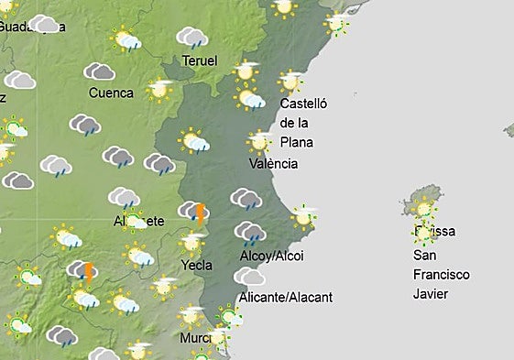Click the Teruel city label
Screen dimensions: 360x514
(200, 60)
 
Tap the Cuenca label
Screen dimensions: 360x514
(111, 93)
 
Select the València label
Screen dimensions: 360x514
(273, 163)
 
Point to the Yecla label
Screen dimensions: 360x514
(197, 265)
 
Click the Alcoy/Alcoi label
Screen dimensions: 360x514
(270, 255)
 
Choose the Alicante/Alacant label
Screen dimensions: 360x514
(285, 297)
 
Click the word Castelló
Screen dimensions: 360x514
(303, 104)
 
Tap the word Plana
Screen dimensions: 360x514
(297, 141)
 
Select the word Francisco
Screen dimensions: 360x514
(441, 274)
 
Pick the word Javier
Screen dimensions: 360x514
(431, 293)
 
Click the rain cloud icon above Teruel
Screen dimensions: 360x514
(192, 38)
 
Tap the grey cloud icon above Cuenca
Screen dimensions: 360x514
(99, 71)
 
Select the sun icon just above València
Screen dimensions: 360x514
(259, 141)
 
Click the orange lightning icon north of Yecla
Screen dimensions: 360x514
(200, 213)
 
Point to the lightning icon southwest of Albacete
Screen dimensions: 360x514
(88, 271)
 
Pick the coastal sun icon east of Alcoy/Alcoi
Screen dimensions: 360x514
(303, 217)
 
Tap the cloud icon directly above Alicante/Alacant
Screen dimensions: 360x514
(249, 276)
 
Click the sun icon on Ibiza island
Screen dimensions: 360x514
(423, 209)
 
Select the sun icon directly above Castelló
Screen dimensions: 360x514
(290, 82)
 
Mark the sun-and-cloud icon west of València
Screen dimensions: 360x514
(194, 141)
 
